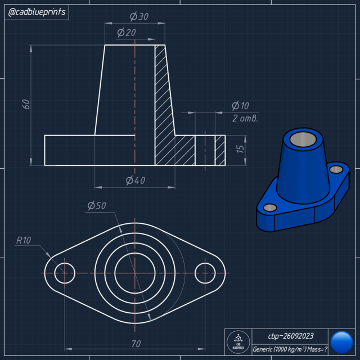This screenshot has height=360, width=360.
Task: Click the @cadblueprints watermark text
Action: pyautogui.click(x=37, y=12)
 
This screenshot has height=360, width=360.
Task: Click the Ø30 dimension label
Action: pyautogui.click(x=139, y=17)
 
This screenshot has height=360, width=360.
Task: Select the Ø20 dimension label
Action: pyautogui.click(x=127, y=33)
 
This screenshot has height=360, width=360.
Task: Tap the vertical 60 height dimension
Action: pyautogui.click(x=25, y=104)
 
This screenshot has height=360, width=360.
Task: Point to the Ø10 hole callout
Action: pyautogui.click(x=240, y=106)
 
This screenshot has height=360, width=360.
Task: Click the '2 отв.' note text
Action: pyautogui.click(x=245, y=118)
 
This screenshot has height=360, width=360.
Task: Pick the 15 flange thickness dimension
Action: pyautogui.click(x=240, y=150)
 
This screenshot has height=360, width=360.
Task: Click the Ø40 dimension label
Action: pyautogui.click(x=135, y=180)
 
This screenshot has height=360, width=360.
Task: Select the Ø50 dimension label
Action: pyautogui.click(x=97, y=206)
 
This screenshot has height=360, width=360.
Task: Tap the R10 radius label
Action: pyautogui.click(x=24, y=240)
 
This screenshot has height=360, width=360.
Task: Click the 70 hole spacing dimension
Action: pyautogui.click(x=136, y=343)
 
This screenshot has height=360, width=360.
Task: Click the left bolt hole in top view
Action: pyautogui.click(x=65, y=273)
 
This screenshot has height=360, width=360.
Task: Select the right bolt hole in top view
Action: pyautogui.click(x=205, y=273)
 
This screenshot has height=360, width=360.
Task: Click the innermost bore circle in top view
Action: pyautogui.click(x=135, y=273)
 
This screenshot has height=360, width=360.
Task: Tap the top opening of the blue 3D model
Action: pyautogui.click(x=303, y=138)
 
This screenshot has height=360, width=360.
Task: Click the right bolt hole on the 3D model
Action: pyautogui.click(x=336, y=169)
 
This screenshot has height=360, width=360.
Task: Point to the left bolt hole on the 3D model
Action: pyautogui.click(x=270, y=208)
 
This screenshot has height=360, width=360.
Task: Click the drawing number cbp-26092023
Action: pyautogui.click(x=290, y=336)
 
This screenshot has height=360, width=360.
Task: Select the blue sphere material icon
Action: pyautogui.click(x=341, y=342)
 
